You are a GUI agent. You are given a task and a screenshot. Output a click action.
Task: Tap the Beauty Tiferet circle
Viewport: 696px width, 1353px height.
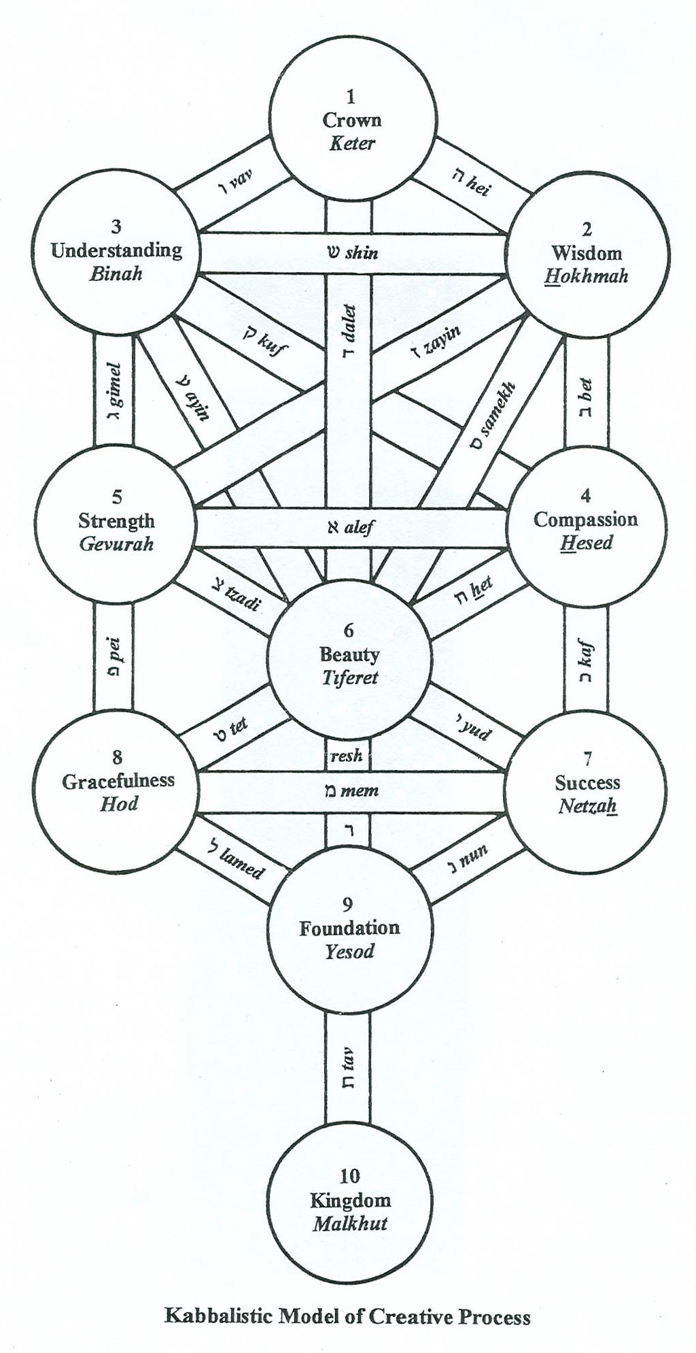coord(349,657)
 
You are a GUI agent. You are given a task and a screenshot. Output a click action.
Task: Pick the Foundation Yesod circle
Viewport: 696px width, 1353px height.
coord(349,928)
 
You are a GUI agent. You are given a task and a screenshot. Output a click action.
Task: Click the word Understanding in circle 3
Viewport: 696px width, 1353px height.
coord(117,250)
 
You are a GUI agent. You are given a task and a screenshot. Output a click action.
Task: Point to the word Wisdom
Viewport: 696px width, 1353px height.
coord(587,253)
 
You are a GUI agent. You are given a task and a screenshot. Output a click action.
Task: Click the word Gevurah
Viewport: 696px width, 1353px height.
coord(116,544)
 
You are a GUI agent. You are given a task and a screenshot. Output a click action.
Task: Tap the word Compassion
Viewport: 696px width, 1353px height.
coord(585,520)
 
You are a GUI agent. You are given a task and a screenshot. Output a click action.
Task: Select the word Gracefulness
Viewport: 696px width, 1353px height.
coord(118,781)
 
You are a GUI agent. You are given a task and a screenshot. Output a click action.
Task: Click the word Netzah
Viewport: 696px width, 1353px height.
coord(587,806)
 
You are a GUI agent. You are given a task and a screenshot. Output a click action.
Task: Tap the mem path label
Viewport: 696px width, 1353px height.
coord(351,791)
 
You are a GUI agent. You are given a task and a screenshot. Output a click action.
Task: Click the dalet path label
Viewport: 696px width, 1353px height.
coord(348,333)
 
